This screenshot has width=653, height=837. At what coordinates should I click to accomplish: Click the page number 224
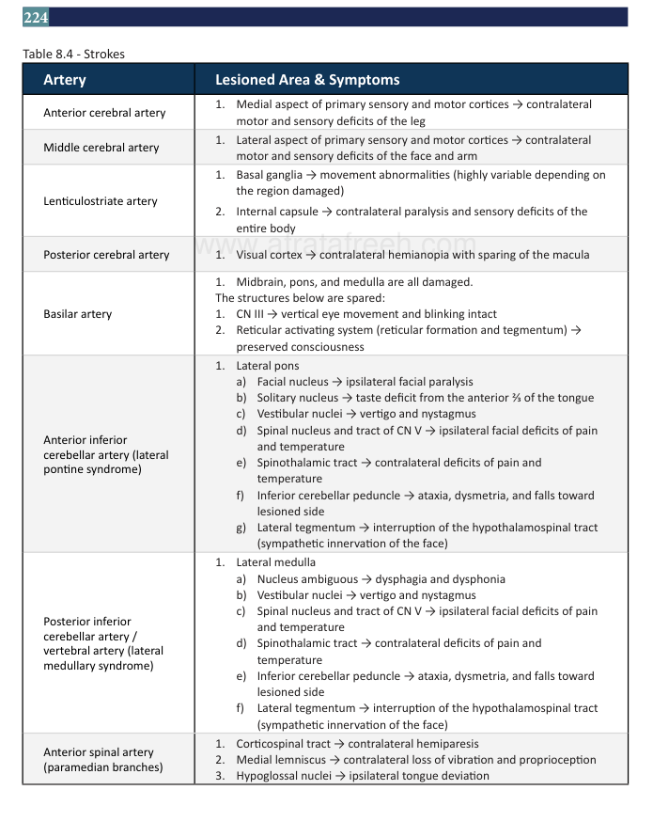click(x=36, y=18)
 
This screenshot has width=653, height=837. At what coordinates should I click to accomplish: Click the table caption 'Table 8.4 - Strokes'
click(x=73, y=54)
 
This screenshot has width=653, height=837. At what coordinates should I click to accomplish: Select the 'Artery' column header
click(x=64, y=80)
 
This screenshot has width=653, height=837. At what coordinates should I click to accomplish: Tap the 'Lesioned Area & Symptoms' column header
click(x=307, y=80)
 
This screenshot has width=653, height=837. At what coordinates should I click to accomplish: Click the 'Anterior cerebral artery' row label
click(x=104, y=113)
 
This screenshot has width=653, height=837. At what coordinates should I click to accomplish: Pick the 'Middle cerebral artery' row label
click(x=101, y=148)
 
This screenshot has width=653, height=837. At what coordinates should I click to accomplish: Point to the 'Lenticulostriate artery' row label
click(x=101, y=201)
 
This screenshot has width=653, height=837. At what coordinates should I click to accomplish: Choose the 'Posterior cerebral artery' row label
click(x=106, y=255)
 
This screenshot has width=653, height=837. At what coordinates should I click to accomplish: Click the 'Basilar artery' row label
click(x=78, y=314)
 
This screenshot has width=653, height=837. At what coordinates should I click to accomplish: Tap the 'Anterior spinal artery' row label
click(x=99, y=752)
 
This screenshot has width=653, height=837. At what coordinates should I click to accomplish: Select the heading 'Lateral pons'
click(x=268, y=366)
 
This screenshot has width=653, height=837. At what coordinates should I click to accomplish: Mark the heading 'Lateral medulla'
click(x=276, y=562)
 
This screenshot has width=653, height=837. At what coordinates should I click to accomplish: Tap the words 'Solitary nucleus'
click(x=298, y=398)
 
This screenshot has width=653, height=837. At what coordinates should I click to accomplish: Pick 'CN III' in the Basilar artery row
click(x=250, y=314)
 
